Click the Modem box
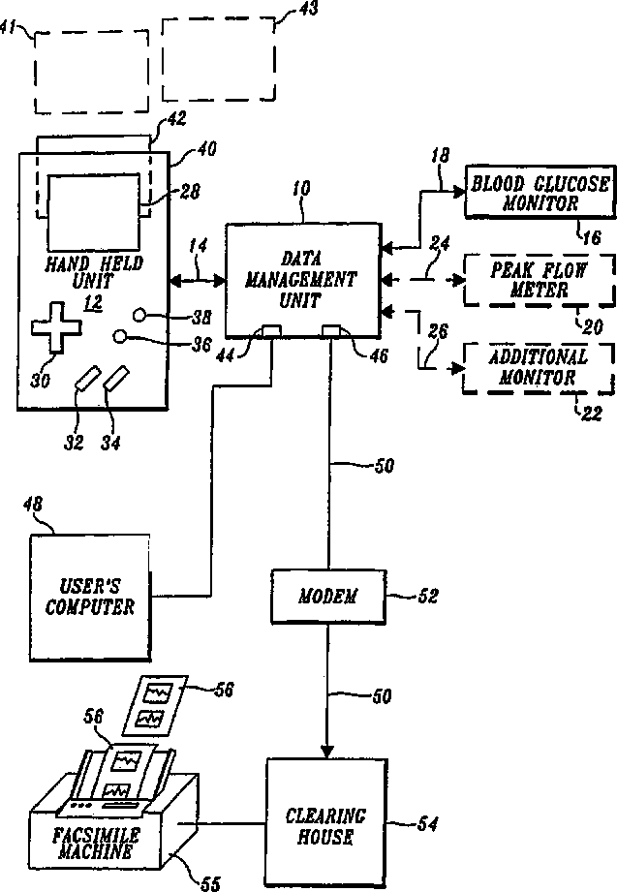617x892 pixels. click(x=327, y=597)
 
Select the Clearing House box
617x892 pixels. click(x=326, y=823)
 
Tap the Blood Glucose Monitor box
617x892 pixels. click(x=540, y=192)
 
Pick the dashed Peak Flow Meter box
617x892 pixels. click(x=539, y=281)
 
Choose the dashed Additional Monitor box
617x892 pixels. click(x=539, y=368)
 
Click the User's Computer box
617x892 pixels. click(x=90, y=598)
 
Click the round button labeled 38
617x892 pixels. click(x=140, y=315)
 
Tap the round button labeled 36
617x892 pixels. click(x=119, y=337)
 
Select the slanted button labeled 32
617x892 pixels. click(x=87, y=379)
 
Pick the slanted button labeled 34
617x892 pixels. click(x=116, y=379)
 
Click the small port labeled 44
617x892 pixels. click(x=271, y=330)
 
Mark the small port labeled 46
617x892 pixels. click(x=331, y=330)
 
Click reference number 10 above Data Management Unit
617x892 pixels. click(x=301, y=188)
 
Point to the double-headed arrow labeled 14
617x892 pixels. click(x=198, y=280)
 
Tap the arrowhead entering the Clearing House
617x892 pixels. click(x=327, y=751)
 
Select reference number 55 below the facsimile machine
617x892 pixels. click(x=209, y=882)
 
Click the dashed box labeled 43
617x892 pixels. click(x=219, y=60)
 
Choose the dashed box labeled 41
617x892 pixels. click(x=92, y=71)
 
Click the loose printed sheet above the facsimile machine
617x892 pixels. click(x=155, y=705)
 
